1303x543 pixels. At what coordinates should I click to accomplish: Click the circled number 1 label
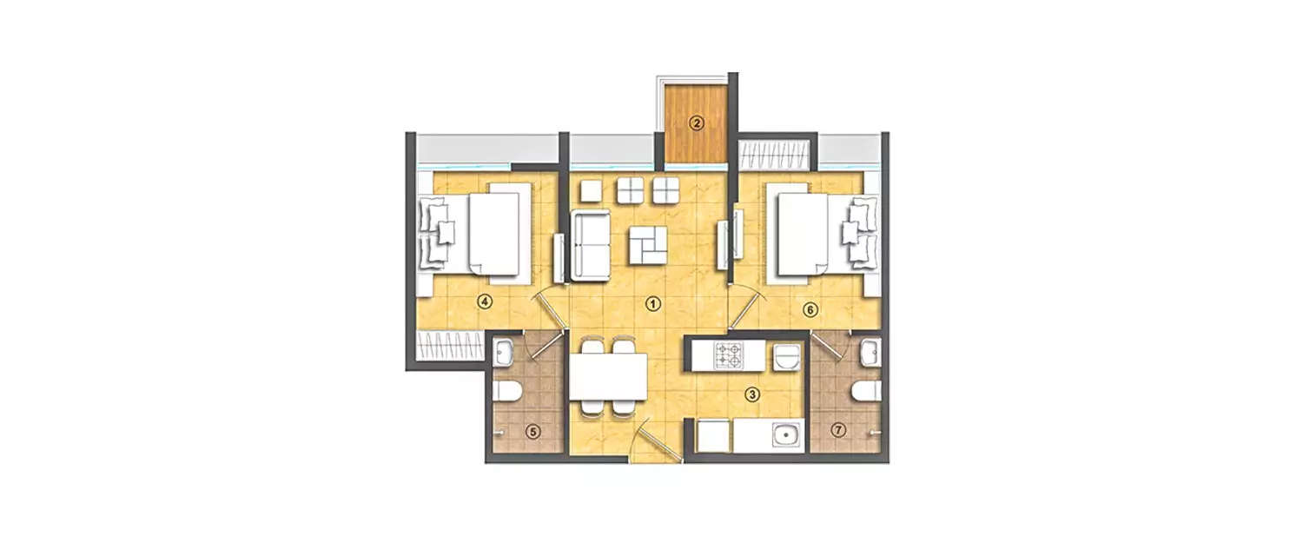coord(652,303)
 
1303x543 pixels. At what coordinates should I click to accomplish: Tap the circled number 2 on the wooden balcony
coord(696,123)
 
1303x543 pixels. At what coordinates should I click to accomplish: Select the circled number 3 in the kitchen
coord(752,394)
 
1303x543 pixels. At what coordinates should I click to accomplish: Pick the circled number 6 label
coord(810,308)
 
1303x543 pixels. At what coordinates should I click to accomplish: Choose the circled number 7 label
coord(838,429)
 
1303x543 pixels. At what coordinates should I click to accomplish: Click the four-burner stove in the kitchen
coord(728,354)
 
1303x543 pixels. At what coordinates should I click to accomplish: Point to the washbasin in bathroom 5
coord(505,352)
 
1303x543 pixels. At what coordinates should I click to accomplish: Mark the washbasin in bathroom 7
coord(870,352)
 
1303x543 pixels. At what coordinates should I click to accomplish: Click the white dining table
coord(608,377)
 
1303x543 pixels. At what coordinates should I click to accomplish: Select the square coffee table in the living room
coord(648,245)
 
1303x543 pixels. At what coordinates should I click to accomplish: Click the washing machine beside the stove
coord(786,355)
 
